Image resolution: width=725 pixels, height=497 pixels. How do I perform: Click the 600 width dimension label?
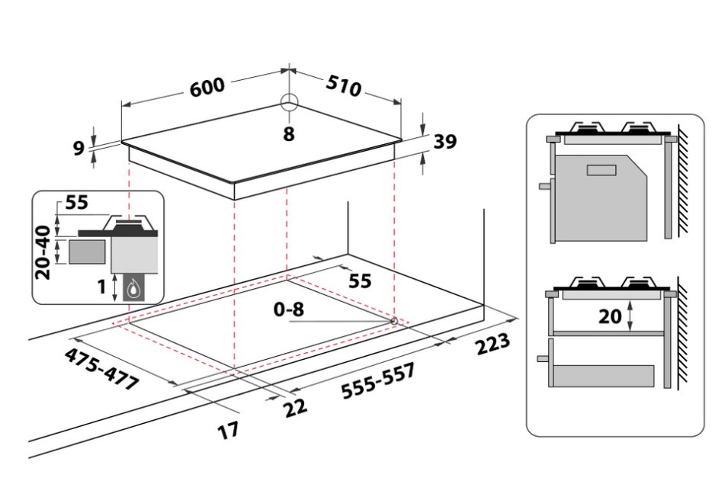(x=207, y=85)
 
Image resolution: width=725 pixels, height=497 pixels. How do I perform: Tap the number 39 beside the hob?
(x=445, y=141)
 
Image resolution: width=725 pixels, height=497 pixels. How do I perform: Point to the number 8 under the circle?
(x=288, y=134)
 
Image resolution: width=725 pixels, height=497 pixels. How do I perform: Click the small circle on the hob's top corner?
(x=288, y=104)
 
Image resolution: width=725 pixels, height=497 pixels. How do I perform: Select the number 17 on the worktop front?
(x=227, y=429)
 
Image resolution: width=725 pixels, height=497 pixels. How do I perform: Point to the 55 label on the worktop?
(x=359, y=281)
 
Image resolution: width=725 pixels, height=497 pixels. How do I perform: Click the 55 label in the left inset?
(x=76, y=203)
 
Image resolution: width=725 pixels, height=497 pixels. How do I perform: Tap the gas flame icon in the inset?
(x=134, y=288)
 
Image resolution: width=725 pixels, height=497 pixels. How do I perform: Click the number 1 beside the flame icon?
(x=101, y=288)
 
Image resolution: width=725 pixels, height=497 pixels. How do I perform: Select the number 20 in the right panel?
(x=610, y=316)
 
